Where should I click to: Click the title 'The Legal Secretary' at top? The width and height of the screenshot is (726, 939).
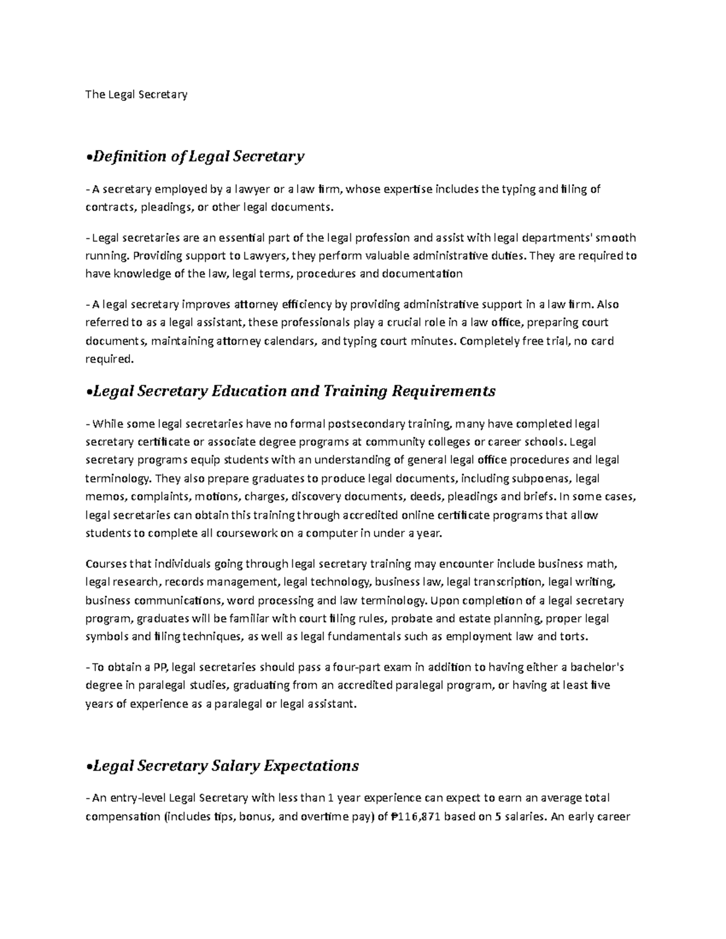coord(137,94)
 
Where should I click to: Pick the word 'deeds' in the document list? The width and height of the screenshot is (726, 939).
coord(421,497)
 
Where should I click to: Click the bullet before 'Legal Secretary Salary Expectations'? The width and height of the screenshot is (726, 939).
coord(89,767)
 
